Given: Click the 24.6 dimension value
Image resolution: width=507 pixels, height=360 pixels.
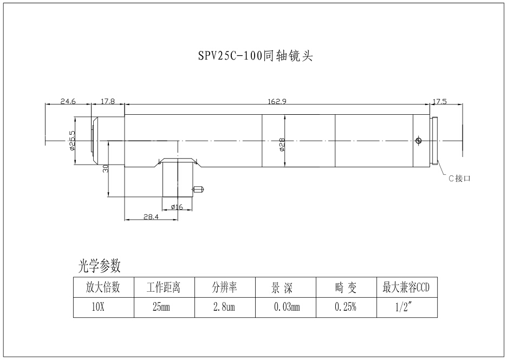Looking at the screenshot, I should tap(68, 101).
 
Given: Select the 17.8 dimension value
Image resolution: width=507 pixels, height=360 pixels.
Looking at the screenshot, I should tap(108, 101).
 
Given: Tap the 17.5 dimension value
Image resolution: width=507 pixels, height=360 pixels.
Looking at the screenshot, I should tap(439, 101).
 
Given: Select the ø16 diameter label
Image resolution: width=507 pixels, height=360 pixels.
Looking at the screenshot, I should tap(177, 206).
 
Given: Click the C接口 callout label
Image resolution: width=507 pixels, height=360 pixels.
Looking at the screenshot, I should tap(459, 178).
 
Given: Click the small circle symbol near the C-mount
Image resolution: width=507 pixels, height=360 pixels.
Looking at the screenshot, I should tap(418, 141).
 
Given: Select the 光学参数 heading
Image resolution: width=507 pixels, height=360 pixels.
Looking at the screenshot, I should tap(99, 266).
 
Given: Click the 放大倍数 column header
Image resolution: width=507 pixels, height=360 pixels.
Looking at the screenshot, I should tap(103, 287).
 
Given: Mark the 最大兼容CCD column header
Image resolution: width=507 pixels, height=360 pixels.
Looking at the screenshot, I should tap(406, 287).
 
